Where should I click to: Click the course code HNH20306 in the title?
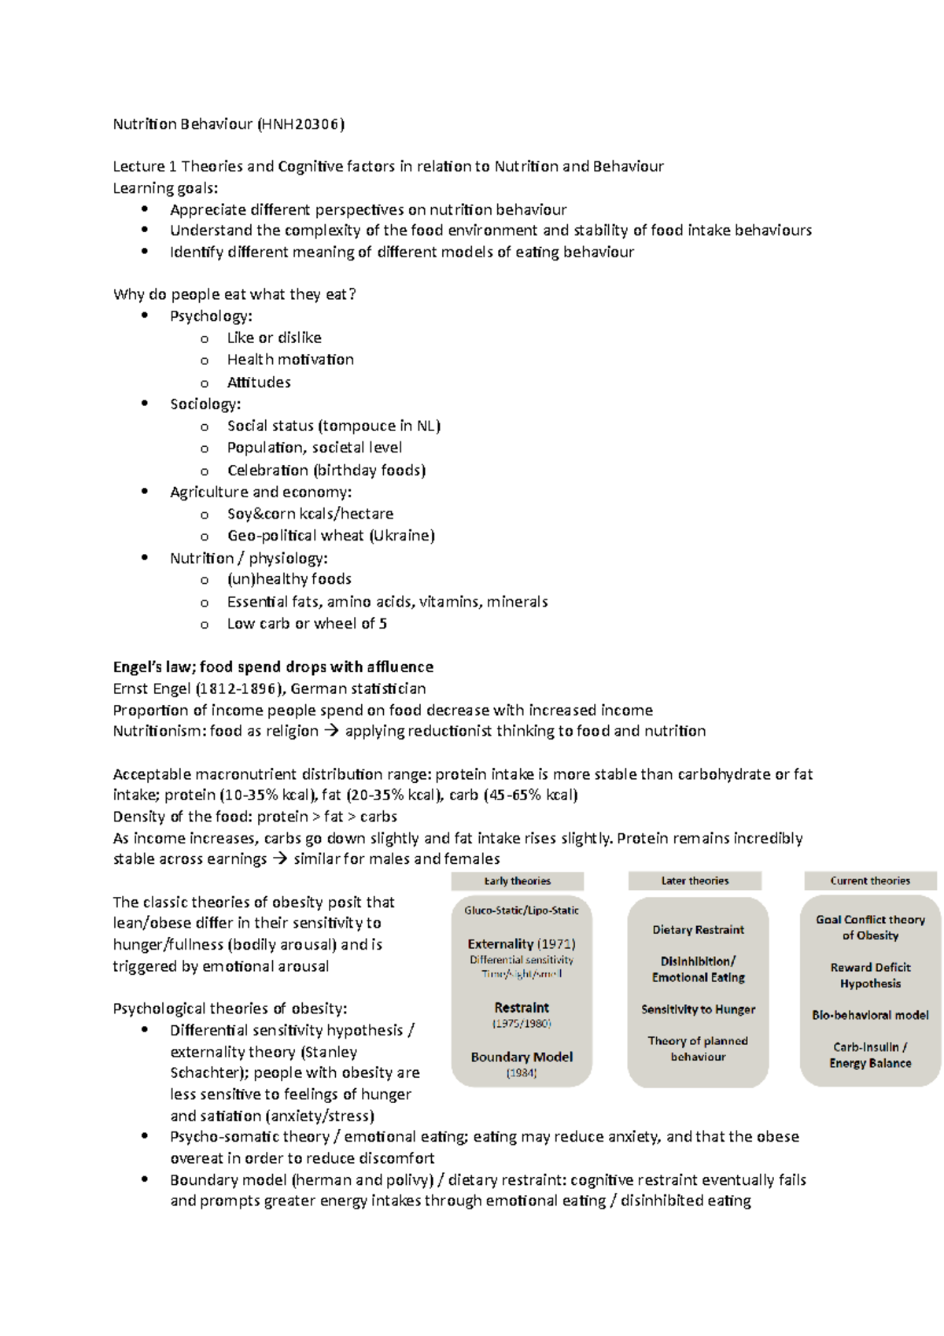(302, 124)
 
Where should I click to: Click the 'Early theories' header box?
(517, 880)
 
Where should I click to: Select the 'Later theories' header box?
(695, 880)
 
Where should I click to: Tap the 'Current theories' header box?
(870, 880)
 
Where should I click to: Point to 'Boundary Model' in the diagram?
(522, 1057)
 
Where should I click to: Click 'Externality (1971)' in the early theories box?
(522, 943)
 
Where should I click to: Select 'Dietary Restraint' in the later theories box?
(698, 929)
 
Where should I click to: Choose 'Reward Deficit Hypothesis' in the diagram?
(870, 975)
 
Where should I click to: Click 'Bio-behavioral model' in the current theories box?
(870, 1015)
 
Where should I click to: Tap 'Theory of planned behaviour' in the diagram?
(698, 1048)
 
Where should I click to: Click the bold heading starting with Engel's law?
(273, 666)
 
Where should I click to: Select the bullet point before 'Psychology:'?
(144, 316)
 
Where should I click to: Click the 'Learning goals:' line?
(165, 187)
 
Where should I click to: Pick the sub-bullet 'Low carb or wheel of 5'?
(307, 623)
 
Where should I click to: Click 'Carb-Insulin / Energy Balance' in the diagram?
(870, 1054)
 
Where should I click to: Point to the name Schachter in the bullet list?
(197, 1072)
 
